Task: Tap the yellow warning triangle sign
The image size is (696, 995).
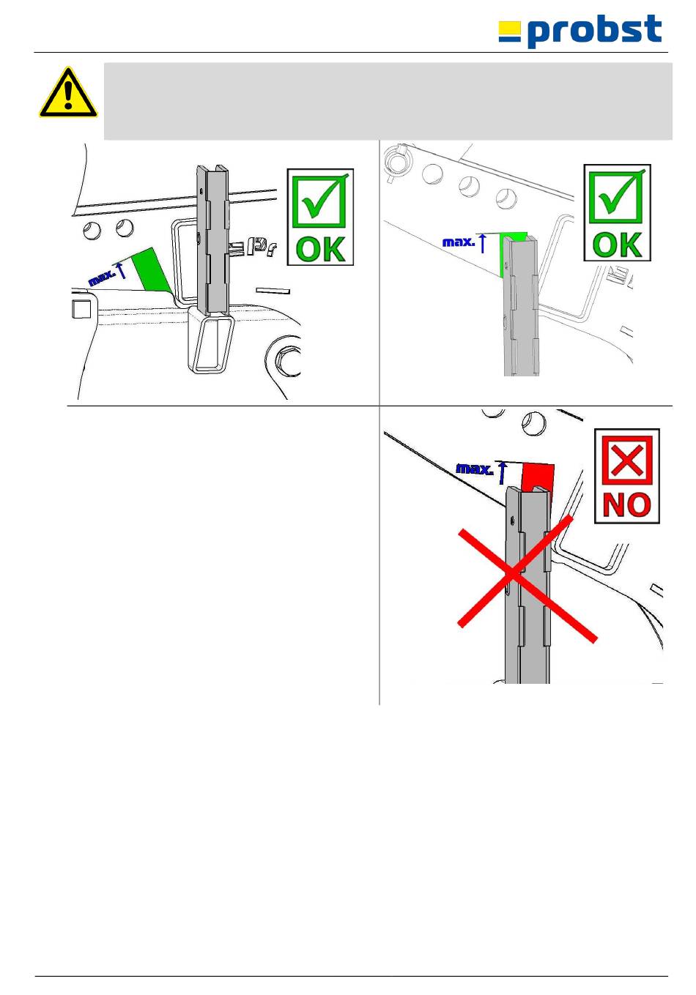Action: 68,93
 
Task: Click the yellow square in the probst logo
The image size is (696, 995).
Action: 509,28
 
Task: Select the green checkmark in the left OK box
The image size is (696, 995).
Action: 321,200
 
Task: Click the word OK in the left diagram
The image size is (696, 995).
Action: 320,249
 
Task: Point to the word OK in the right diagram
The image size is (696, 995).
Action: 617,245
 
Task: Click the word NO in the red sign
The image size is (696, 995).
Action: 626,505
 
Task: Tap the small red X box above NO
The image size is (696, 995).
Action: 626,461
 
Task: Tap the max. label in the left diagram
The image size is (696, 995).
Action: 103,278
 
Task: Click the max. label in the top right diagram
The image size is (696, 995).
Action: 459,242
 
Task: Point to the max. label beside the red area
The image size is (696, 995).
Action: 474,469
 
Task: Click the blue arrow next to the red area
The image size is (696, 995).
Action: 503,473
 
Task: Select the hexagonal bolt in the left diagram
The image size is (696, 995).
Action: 287,357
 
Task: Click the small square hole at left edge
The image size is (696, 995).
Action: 81,309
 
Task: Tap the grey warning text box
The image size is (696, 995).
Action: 388,101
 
